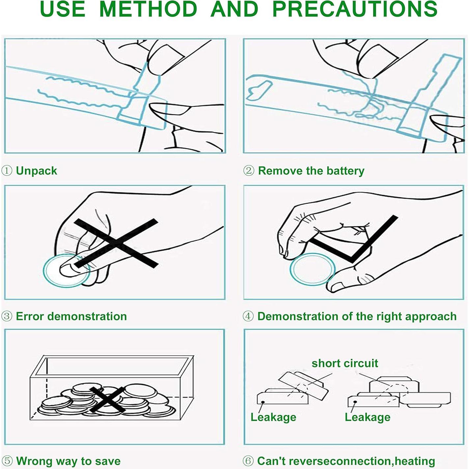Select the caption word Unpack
click(37, 171)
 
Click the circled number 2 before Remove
click(249, 171)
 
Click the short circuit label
click(345, 363)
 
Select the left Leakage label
click(273, 417)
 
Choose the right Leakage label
click(368, 417)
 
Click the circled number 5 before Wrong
click(7, 461)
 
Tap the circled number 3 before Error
click(7, 316)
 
